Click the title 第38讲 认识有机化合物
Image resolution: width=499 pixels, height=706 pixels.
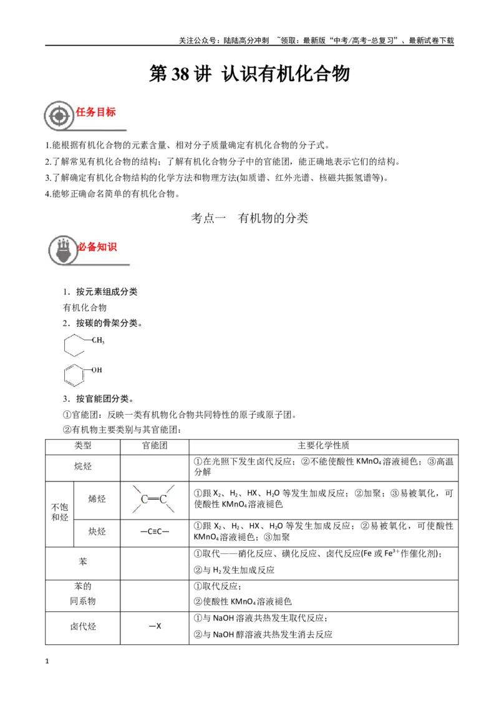coord(249,74)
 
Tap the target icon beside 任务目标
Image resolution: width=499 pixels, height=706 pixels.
coord(59,116)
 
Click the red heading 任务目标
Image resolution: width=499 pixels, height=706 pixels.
coord(95,112)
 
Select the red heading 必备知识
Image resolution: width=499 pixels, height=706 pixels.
coord(97,247)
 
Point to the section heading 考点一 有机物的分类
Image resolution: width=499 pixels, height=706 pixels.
coord(249,218)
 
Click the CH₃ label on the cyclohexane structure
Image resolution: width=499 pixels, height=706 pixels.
coord(98,341)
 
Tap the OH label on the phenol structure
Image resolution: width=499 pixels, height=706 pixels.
coord(97,370)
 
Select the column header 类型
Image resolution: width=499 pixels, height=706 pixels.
coord(83,446)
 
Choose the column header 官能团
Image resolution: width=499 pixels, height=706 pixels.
coord(155,446)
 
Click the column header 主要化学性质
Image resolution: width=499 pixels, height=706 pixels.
coord(323,446)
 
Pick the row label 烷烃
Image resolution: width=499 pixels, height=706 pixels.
coord(83,467)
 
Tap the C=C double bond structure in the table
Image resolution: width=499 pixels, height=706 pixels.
coord(154,499)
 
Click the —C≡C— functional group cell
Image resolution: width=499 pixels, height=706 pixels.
coord(155,532)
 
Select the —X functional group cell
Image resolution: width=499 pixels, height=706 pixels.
coord(155,626)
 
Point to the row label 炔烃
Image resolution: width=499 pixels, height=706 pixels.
coord(97,532)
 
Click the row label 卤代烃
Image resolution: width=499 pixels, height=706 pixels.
coord(83,626)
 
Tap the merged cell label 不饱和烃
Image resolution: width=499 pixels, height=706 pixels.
coord(59,513)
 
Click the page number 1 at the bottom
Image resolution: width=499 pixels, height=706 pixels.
coord(47,661)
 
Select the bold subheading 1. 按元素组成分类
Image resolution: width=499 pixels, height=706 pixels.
coord(100,292)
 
